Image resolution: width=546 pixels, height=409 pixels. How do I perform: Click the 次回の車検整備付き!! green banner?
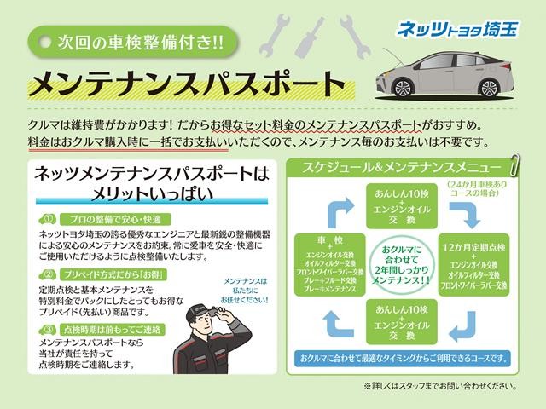coord(128,40)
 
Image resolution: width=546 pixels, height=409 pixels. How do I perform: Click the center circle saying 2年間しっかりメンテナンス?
coord(404,262)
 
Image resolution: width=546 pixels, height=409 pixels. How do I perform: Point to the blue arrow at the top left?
coord(334,208)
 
